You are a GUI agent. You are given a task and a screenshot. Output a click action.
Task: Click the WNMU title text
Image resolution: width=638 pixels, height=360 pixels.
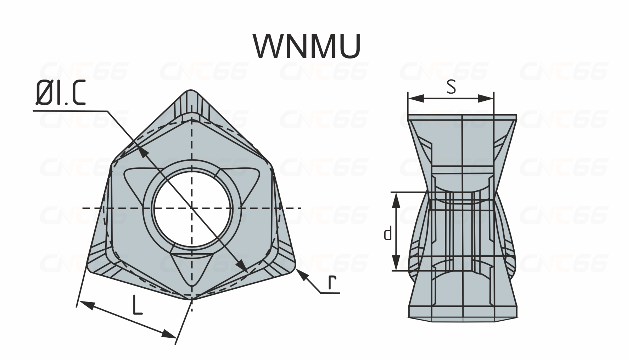pyautogui.click(x=307, y=46)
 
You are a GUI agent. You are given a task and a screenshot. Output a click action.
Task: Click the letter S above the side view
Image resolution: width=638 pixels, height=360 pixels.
pyautogui.click(x=451, y=87)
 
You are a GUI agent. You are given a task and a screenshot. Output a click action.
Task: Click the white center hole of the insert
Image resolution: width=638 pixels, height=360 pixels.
pyautogui.click(x=192, y=208)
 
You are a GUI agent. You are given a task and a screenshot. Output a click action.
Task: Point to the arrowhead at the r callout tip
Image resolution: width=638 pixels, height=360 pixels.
pyautogui.click(x=300, y=275)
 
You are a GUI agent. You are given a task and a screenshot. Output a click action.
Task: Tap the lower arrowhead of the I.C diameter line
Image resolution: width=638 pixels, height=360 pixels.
pyautogui.click(x=242, y=266)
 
